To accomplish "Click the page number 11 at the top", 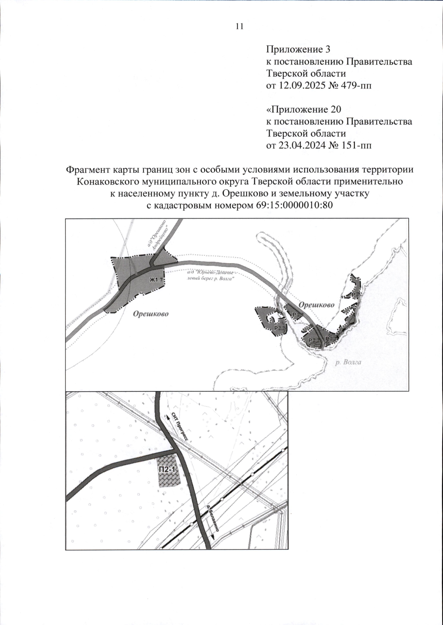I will coord(239,26).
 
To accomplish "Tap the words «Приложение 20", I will coord(303,110).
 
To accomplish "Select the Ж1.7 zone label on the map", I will coord(156,280).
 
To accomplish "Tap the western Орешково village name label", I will coord(151,314).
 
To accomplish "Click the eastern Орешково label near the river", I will coord(316,305).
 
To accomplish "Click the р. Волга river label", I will coord(348,362).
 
